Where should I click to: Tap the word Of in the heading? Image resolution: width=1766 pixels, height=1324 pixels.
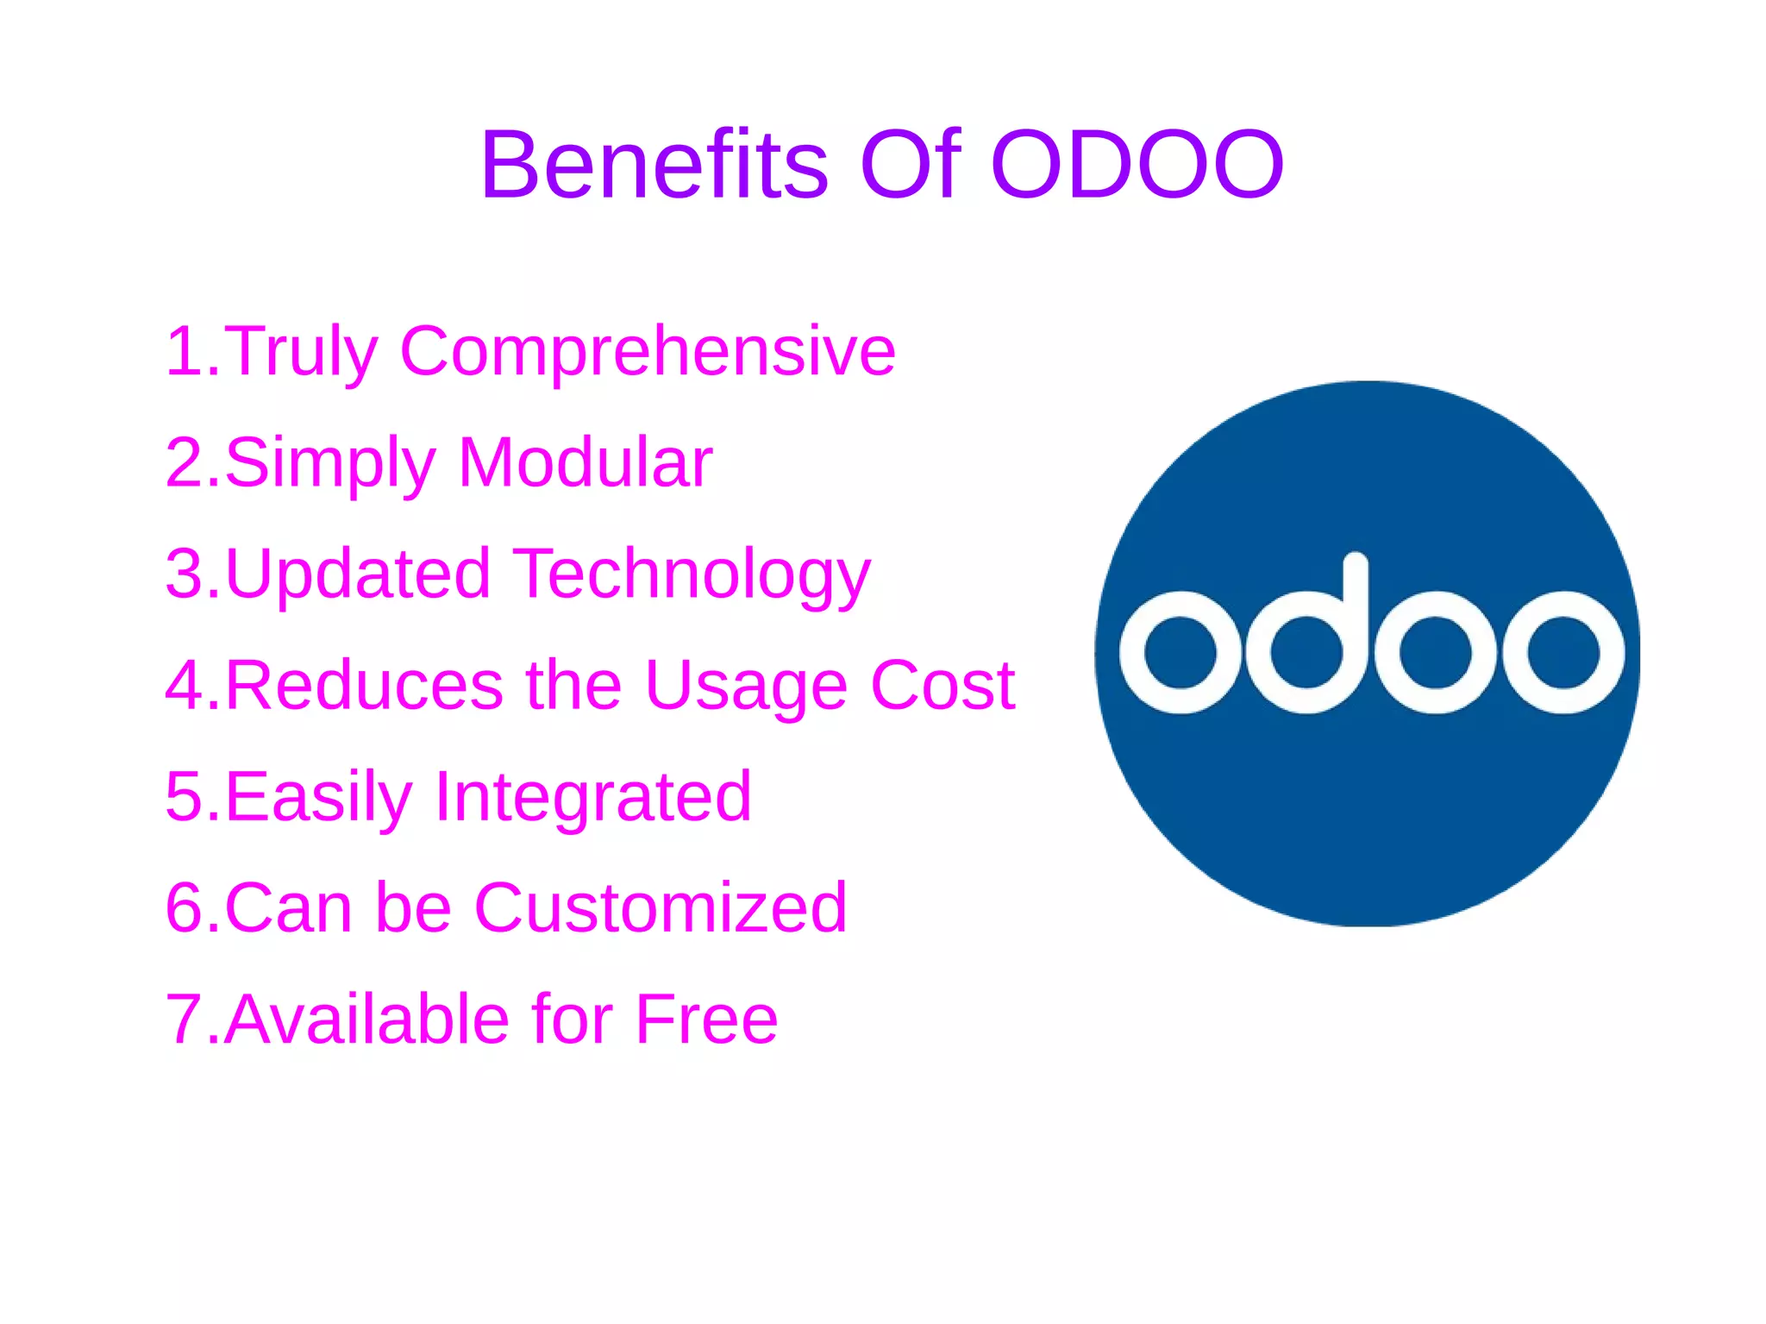(911, 164)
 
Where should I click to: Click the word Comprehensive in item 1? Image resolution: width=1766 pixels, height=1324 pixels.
(648, 352)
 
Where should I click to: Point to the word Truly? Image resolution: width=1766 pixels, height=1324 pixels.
(301, 352)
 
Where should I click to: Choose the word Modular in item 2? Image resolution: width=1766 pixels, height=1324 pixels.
(586, 463)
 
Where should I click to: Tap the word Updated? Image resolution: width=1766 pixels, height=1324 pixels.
(357, 574)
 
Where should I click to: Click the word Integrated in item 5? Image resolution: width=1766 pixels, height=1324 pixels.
(593, 798)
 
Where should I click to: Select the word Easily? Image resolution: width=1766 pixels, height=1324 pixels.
(318, 798)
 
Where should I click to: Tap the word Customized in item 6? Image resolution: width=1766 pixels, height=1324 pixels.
(661, 908)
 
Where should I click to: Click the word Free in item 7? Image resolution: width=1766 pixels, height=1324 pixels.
(706, 1020)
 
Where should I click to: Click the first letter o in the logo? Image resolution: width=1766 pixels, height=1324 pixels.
(1180, 652)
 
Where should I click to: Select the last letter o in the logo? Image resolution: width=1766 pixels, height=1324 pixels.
(1563, 652)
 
